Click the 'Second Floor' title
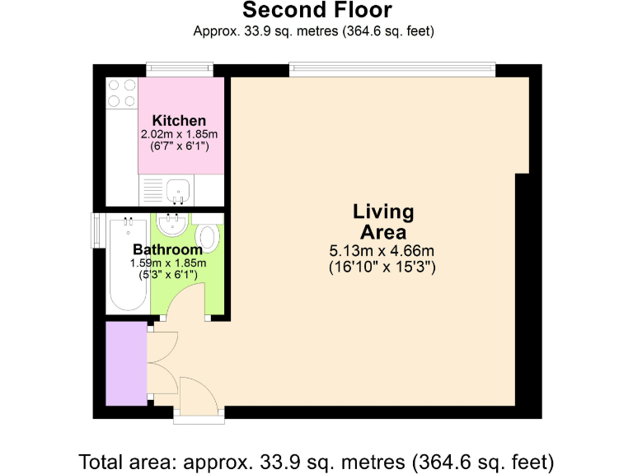[316, 11]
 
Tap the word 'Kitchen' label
[179, 121]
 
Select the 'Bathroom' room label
[167, 249]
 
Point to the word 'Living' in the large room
[383, 211]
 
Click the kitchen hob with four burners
[121, 92]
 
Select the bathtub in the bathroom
[128, 263]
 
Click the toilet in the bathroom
[209, 236]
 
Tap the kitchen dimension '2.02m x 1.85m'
[179, 134]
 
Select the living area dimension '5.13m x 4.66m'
[382, 250]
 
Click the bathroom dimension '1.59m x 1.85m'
[167, 263]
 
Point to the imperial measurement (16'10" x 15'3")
[382, 267]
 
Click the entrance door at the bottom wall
[198, 418]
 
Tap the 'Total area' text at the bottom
[316, 459]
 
